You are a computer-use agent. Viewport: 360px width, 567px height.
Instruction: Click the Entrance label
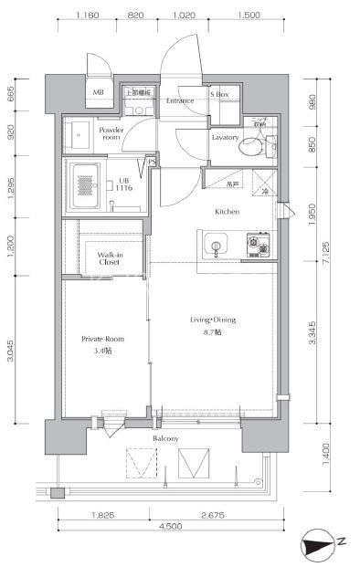180,100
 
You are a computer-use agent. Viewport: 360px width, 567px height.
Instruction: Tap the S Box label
221,95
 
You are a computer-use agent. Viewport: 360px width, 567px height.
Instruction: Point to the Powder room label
111,133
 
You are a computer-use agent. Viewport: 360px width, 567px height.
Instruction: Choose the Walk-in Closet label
110,257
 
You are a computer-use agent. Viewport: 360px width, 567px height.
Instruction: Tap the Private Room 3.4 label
101,344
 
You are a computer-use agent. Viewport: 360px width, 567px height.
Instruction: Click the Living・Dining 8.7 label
213,324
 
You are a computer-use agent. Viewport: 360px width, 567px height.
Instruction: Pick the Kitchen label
227,212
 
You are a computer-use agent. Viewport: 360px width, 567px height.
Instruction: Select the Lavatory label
225,138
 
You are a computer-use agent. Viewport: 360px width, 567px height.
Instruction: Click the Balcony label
165,439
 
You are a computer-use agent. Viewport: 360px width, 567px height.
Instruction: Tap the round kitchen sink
217,245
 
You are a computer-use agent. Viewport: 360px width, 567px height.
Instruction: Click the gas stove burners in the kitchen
258,244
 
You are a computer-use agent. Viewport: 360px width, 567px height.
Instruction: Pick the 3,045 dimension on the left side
10,352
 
